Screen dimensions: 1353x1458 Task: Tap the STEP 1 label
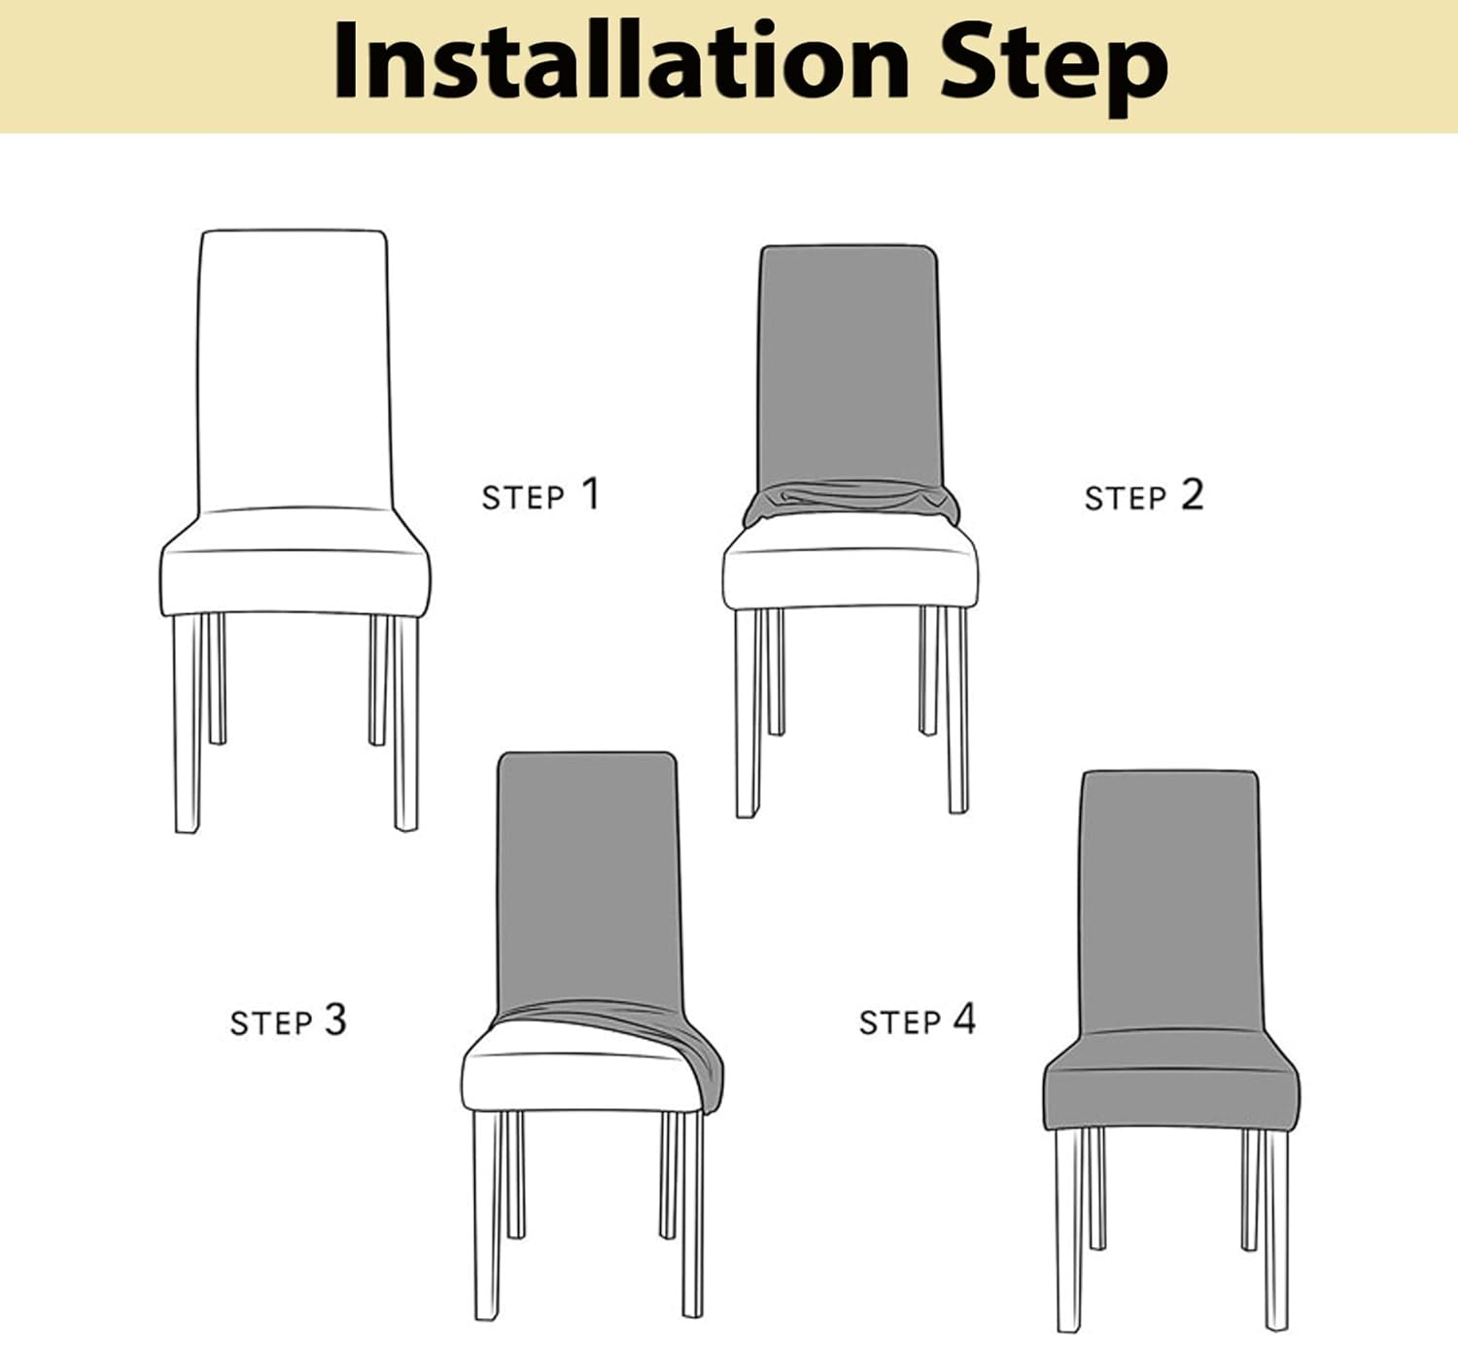click(x=540, y=495)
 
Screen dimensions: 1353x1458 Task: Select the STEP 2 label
click(x=1143, y=496)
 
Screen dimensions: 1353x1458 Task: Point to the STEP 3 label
click(x=288, y=1021)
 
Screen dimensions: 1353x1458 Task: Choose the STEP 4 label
click(x=917, y=1021)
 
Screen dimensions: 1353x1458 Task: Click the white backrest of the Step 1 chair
click(x=294, y=369)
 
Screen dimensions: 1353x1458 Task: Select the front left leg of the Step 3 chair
click(x=487, y=1215)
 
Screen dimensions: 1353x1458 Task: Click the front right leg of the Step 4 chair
click(x=1275, y=1230)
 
